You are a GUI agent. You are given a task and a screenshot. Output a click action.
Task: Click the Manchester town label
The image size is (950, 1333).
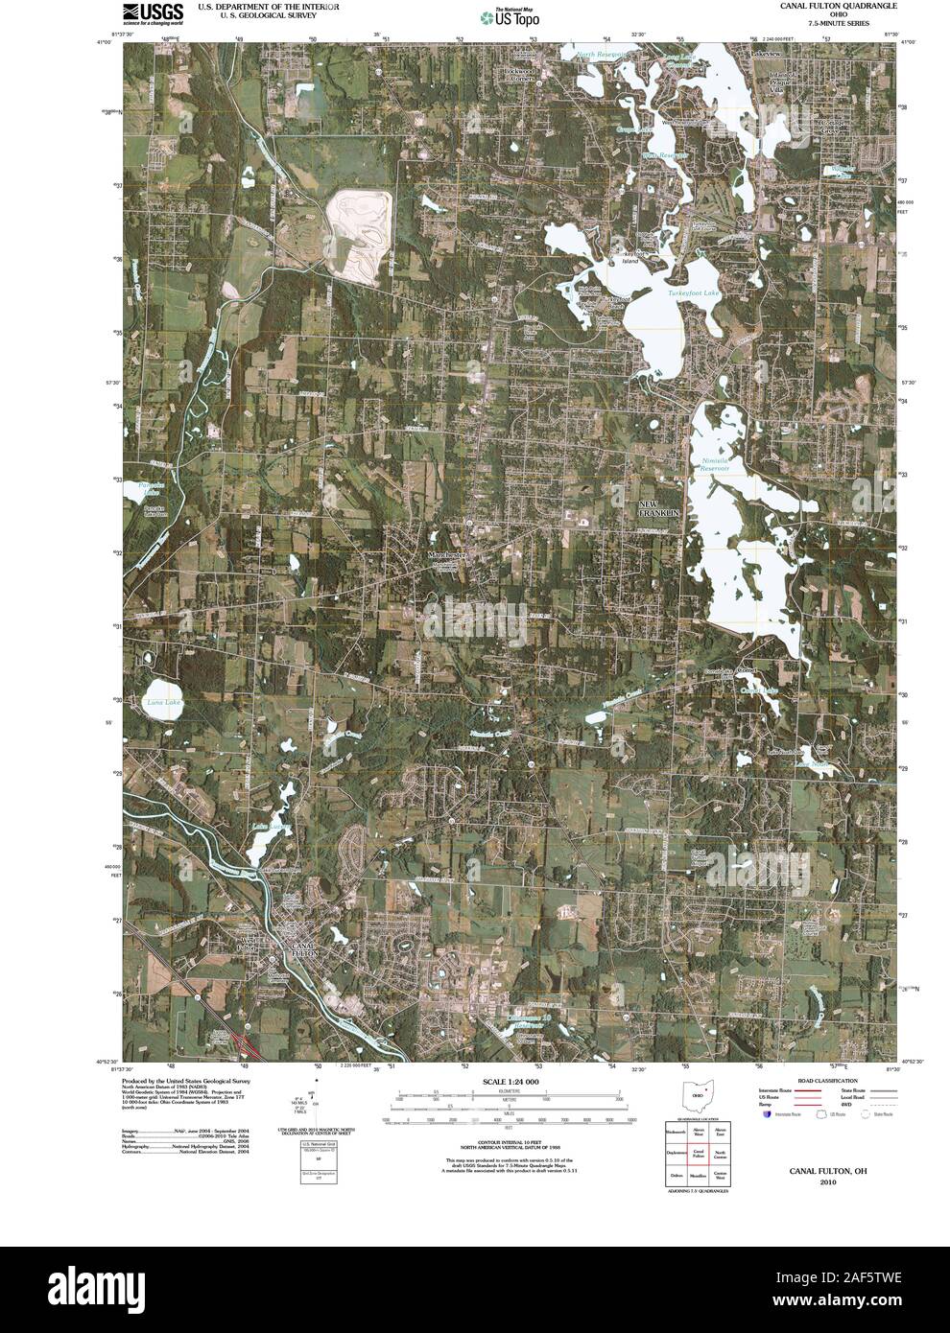446,555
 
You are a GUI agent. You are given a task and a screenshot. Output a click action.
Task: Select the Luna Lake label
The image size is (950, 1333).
163,703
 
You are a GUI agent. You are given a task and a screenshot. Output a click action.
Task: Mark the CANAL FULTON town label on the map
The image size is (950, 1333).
303,948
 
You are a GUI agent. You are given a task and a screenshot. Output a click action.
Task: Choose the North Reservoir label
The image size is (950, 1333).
602,56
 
